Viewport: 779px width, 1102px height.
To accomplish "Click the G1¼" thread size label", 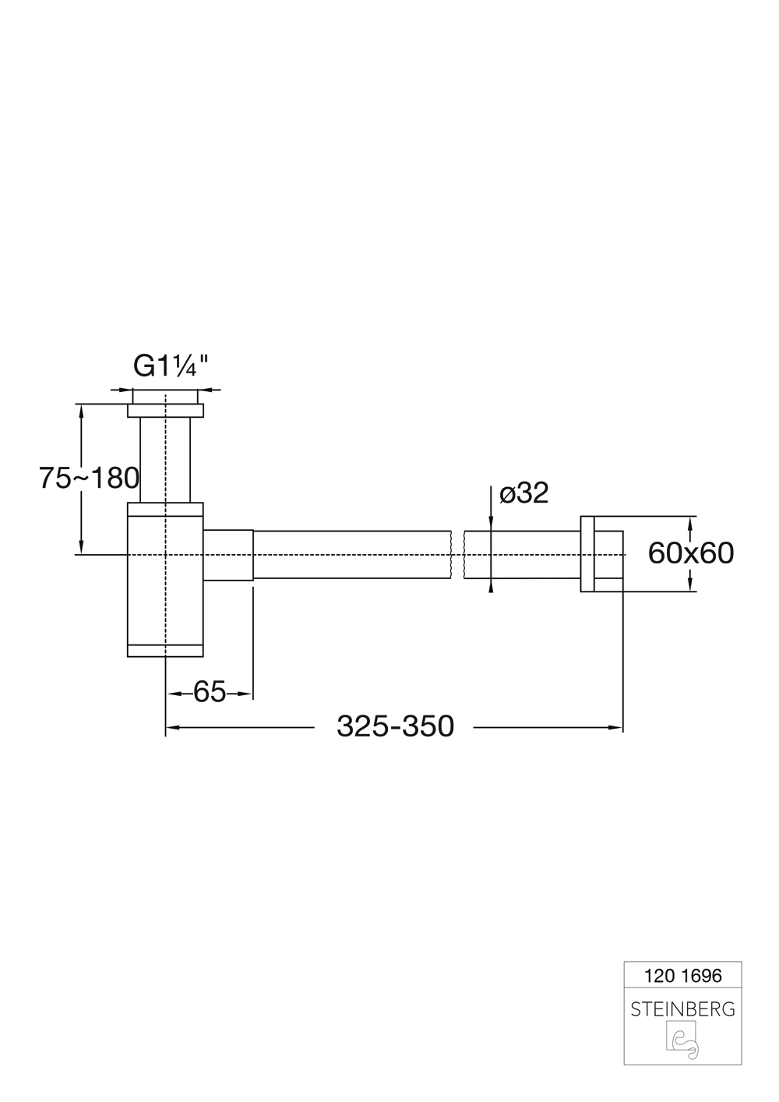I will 171,366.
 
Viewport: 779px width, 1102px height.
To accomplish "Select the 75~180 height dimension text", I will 89,478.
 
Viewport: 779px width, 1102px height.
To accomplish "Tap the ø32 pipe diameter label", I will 523,493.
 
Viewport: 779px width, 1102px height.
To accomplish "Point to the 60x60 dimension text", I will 690,553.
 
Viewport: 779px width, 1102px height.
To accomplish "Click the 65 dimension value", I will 209,692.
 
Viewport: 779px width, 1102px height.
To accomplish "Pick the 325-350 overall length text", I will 395,726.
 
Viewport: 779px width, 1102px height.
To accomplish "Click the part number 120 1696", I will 683,975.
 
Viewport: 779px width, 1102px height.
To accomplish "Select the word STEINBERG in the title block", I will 682,1009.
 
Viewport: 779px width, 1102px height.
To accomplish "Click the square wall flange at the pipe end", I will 601,554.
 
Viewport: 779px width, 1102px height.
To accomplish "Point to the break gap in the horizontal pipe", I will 458,555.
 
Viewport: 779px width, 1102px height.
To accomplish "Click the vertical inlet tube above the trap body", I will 165,460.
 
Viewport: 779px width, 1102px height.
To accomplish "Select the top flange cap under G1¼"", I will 165,410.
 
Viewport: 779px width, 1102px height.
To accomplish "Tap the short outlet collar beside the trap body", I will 228,555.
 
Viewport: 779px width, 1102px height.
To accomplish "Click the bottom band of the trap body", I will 165,651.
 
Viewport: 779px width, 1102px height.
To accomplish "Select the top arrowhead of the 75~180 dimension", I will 80,410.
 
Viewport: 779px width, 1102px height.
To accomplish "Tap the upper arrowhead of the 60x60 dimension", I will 689,521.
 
